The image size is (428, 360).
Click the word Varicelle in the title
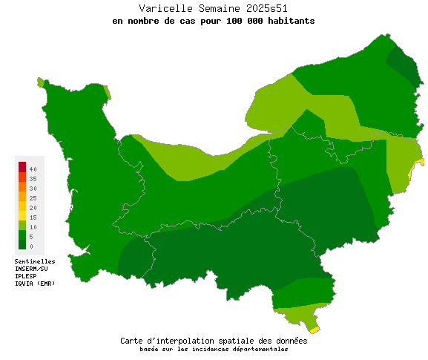click(x=163, y=8)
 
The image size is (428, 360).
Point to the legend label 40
click(x=33, y=170)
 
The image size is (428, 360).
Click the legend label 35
click(x=33, y=180)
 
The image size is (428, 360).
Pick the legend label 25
click(x=33, y=198)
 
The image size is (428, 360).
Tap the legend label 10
click(x=33, y=227)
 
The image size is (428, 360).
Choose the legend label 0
click(x=31, y=246)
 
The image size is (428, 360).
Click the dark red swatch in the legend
click(x=22, y=166)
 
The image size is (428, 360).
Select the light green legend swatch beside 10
click(x=22, y=224)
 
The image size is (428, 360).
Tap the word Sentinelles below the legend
click(x=35, y=261)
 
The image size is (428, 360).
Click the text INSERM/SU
click(x=31, y=269)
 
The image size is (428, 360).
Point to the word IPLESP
click(x=26, y=276)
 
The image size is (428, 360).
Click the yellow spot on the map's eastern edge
click(x=421, y=161)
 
